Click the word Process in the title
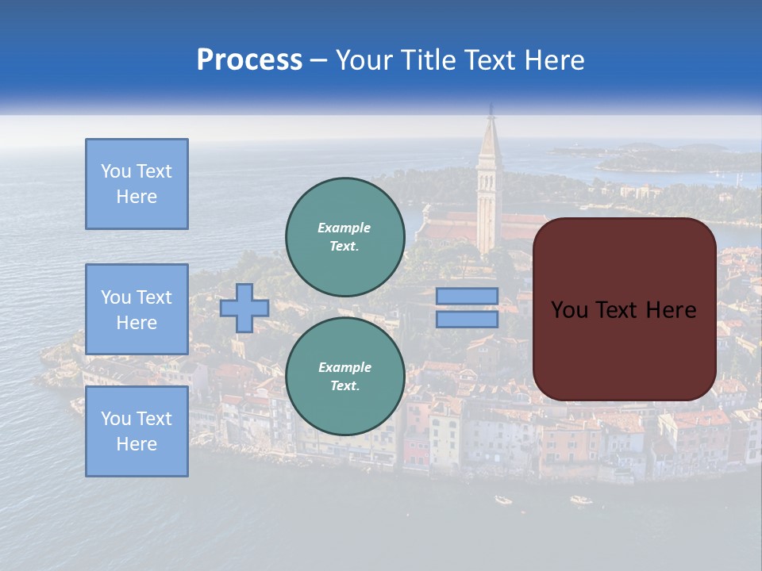(249, 60)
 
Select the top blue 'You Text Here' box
(137, 184)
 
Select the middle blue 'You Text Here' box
(137, 309)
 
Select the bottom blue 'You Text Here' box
(137, 431)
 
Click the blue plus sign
(244, 308)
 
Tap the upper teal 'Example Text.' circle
(344, 236)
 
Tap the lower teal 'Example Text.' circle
(344, 376)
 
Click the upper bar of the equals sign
(467, 296)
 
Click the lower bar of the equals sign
(467, 319)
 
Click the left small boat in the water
(503, 500)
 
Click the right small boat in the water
(581, 500)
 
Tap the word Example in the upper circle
(344, 228)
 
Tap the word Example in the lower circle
(344, 367)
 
